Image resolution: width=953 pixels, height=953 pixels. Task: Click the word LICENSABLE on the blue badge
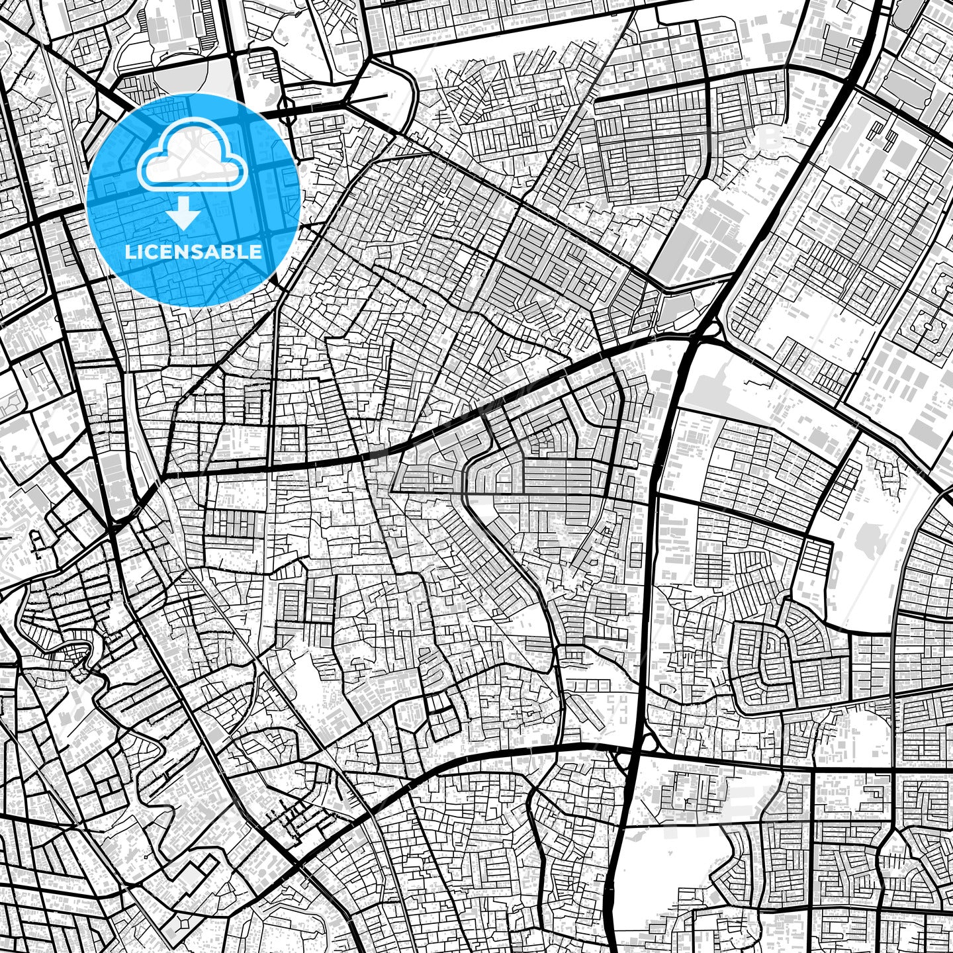click(x=193, y=251)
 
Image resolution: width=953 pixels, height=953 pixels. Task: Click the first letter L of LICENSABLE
click(x=129, y=251)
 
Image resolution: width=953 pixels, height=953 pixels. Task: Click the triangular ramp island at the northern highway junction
click(x=711, y=328)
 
